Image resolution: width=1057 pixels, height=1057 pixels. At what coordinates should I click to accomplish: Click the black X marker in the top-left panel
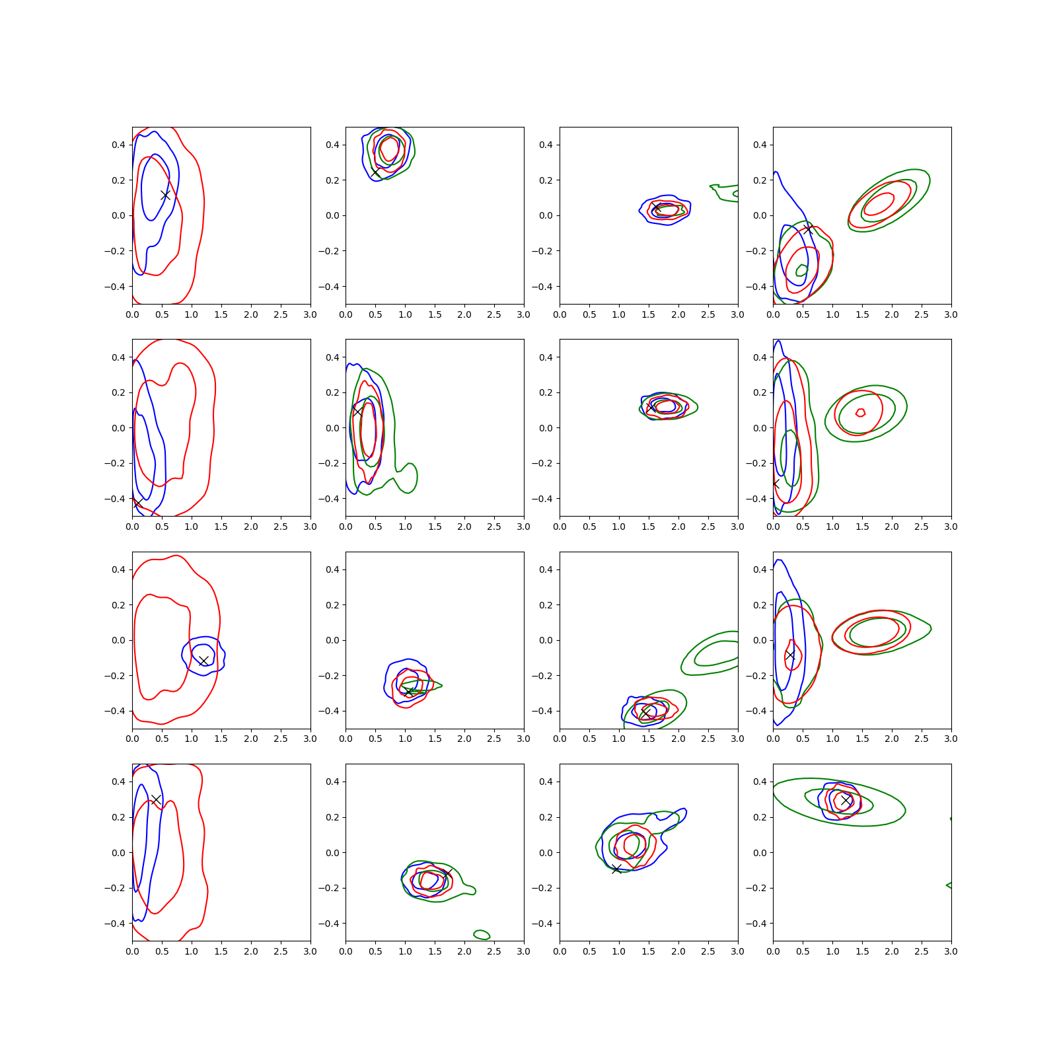[x=165, y=195]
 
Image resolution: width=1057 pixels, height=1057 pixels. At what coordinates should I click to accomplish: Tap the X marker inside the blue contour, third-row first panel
[x=203, y=661]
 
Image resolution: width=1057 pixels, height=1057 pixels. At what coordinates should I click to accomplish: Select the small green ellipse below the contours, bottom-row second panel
[x=482, y=934]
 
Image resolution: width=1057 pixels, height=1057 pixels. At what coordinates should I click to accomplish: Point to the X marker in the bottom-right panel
[x=846, y=800]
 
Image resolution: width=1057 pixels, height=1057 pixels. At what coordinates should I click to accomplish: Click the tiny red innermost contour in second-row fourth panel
[x=860, y=413]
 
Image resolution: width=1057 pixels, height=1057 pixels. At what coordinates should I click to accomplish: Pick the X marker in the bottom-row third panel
[x=616, y=869]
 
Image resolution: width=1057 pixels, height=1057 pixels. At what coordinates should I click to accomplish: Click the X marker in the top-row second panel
[x=375, y=172]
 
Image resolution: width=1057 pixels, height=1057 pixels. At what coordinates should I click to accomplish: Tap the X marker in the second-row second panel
[x=357, y=411]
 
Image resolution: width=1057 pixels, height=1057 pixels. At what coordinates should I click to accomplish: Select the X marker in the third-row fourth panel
[x=790, y=655]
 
